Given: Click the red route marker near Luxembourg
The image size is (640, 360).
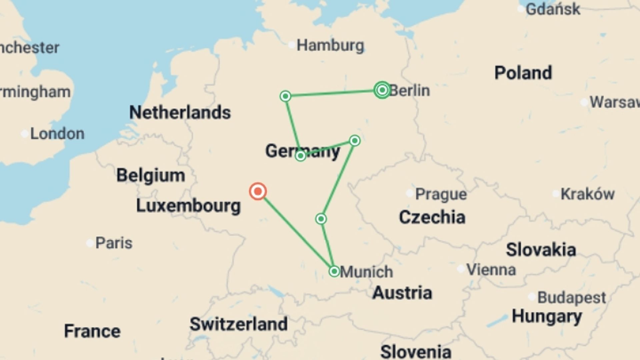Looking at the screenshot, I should point(258,191).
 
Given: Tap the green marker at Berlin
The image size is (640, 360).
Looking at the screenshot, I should point(382,90).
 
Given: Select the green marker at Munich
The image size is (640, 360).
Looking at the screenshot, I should point(334,271).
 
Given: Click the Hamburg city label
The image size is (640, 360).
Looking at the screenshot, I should point(330,45).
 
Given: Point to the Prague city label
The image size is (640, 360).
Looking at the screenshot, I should point(441,194).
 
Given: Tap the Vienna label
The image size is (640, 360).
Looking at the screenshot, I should point(491,269).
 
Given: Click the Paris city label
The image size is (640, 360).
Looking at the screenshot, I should point(114,243).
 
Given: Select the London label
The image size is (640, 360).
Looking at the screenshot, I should point(57,134).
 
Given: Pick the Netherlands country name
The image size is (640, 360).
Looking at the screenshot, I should point(180,112).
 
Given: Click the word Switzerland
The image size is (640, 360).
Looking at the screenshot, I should point(238,324).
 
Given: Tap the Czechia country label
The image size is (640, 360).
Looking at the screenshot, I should point(432,217).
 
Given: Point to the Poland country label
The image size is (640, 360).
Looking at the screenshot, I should point(523,73).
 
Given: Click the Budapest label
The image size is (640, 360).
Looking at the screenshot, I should point(571,297).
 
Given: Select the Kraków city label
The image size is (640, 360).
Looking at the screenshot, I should point(587,194).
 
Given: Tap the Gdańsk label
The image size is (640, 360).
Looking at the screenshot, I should point(553,9).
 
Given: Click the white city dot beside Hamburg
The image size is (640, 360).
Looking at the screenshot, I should point(292,44).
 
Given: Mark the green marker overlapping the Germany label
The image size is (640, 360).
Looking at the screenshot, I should point(300,156).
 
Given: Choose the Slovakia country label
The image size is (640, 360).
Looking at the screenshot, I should point(541,250).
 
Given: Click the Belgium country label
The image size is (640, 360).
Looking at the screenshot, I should point(151,175).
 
